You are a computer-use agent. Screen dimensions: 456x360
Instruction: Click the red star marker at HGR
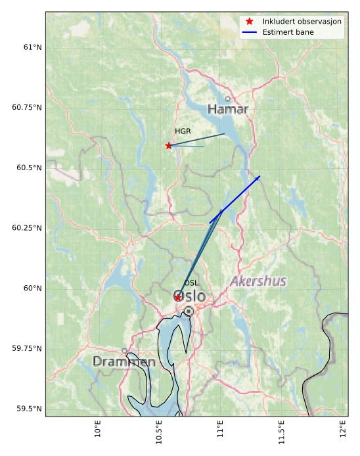[x=169, y=145]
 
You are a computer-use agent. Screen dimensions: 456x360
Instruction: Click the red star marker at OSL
[x=178, y=298]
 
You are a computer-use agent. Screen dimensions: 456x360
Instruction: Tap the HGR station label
[x=183, y=131]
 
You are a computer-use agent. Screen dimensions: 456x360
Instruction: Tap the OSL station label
[x=191, y=283]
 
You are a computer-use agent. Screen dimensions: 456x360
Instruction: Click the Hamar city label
[x=227, y=109]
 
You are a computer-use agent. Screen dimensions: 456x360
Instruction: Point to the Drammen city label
[x=124, y=362]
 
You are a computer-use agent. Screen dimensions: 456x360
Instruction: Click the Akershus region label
[x=258, y=282]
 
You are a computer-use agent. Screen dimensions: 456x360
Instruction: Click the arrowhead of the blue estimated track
[x=258, y=177]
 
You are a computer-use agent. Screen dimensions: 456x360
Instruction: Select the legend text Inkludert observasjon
[x=302, y=22]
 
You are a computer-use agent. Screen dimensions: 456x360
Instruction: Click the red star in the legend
[x=250, y=22]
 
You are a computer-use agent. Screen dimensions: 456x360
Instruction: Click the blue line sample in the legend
[x=250, y=32]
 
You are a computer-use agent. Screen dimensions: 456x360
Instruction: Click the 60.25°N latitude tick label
[x=27, y=228]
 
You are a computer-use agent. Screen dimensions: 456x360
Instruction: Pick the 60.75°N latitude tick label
[x=27, y=108]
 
